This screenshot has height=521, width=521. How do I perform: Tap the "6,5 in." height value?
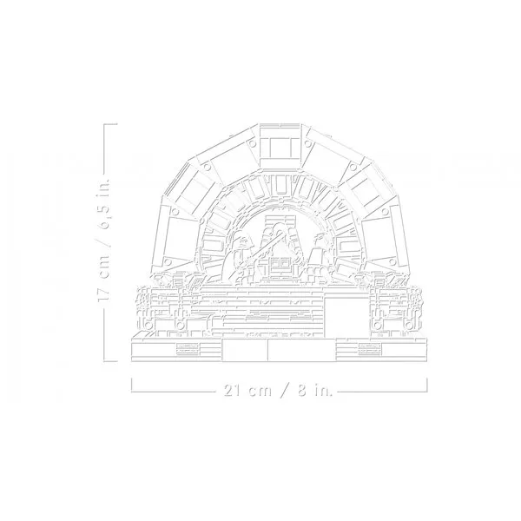103,204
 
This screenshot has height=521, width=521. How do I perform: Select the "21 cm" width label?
247,391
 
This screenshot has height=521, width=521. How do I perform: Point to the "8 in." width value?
314,391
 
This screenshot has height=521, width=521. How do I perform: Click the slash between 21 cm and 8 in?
285,391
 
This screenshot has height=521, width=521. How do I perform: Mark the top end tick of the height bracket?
110,124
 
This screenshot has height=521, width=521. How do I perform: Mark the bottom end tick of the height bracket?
110,360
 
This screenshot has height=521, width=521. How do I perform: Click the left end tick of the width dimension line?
132,385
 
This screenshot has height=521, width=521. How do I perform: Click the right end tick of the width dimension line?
426,385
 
